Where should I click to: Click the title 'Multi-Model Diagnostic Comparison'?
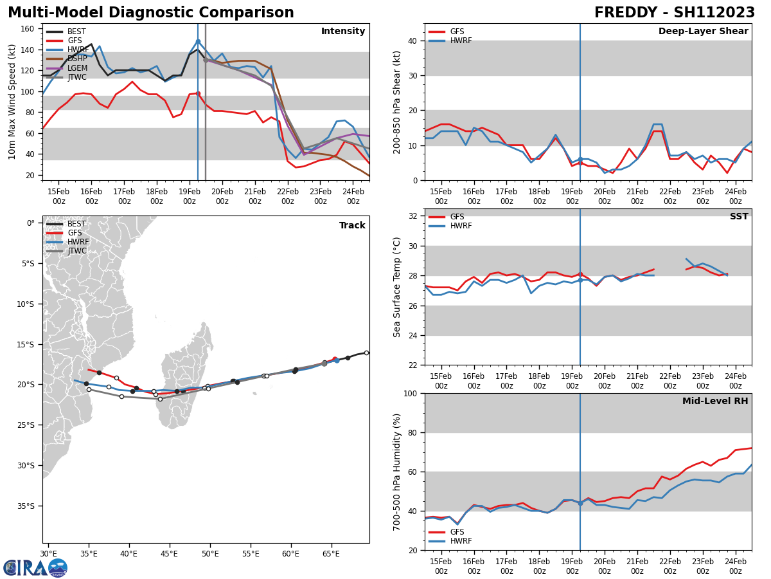click(150, 13)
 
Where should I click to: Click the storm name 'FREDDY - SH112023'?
click(674, 13)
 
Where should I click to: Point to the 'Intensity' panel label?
click(342, 32)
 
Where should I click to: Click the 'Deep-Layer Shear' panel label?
click(703, 32)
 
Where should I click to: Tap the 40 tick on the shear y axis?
click(411, 41)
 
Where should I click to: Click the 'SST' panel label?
click(738, 217)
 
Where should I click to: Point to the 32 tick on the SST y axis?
click(411, 216)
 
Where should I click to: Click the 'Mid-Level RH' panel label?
click(714, 401)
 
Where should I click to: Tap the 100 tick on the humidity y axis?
click(409, 394)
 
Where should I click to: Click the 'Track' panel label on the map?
click(352, 226)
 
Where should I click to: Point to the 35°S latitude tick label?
click(26, 506)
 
